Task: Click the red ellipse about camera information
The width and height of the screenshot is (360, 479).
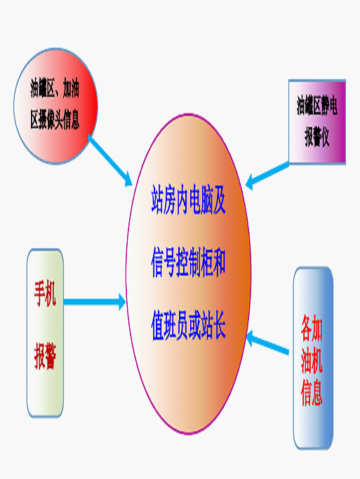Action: [x=55, y=106]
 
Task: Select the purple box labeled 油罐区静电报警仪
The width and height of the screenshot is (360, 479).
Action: [x=317, y=122]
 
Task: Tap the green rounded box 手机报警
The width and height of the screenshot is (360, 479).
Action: [x=45, y=333]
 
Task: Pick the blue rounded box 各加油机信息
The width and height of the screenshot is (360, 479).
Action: [x=313, y=358]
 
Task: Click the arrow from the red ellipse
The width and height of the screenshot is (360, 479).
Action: [x=110, y=161]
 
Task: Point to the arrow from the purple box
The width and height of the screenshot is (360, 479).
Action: [x=267, y=176]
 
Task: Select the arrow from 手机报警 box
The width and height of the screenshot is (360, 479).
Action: [x=95, y=302]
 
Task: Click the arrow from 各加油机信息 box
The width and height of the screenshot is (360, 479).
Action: [x=267, y=343]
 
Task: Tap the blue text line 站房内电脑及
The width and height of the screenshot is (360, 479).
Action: [x=189, y=199]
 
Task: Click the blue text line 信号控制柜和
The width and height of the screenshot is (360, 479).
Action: [x=189, y=263]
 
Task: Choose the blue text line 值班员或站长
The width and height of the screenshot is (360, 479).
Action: [x=189, y=325]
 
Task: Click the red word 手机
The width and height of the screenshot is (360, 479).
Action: [x=45, y=294]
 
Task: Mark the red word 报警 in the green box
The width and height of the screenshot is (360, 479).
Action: [x=45, y=356]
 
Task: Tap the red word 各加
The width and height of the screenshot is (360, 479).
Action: [x=312, y=328]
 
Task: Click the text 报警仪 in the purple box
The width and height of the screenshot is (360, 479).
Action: [x=317, y=137]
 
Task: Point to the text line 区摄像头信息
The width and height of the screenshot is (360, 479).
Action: [x=55, y=119]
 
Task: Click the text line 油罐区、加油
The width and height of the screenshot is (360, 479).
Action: [x=55, y=88]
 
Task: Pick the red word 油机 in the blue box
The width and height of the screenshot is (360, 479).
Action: [x=312, y=360]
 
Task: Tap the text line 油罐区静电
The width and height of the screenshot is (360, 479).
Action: [x=317, y=105]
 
